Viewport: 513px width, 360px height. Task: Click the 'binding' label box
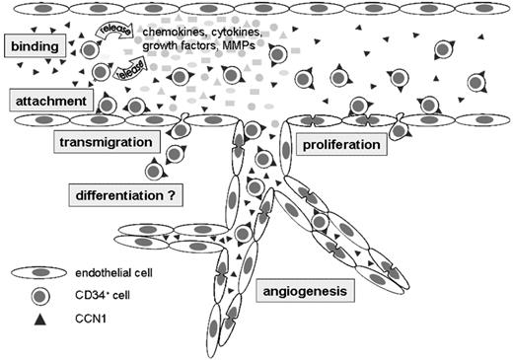(33, 45)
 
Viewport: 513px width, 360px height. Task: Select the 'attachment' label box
(47, 101)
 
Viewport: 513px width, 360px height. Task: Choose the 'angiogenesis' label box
(313, 292)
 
